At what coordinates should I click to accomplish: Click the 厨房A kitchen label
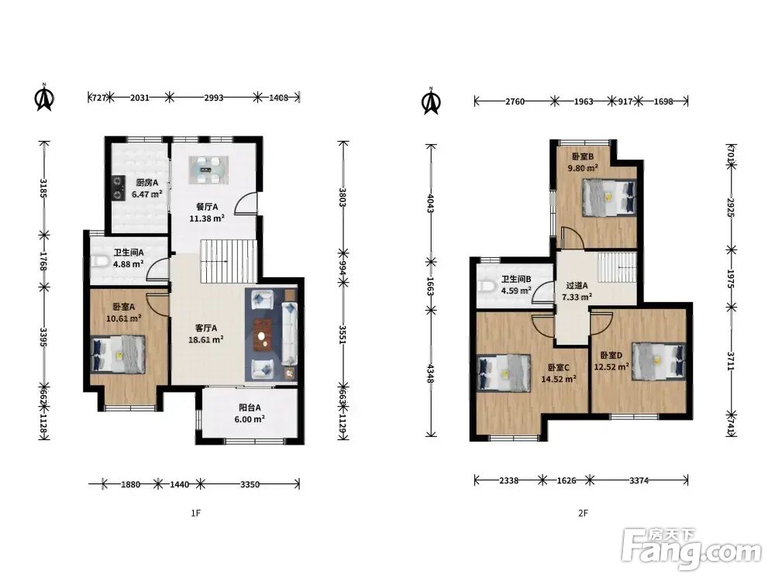[x=147, y=182]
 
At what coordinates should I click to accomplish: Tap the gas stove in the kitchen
[x=117, y=188]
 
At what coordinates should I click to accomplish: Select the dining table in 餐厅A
[x=208, y=170]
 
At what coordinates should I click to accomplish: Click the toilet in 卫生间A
[x=99, y=260]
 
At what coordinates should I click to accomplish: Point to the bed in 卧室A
[x=119, y=354]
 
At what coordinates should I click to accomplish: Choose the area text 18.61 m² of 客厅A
[x=205, y=339]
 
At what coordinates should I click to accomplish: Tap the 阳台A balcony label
[x=250, y=407]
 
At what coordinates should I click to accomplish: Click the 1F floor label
[x=196, y=514]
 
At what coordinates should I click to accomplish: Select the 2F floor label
[x=584, y=514]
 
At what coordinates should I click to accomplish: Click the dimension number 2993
[x=214, y=98]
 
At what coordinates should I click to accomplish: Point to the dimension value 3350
[x=250, y=484]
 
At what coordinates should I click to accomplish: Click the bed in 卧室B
[x=608, y=198]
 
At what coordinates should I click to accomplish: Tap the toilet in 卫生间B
[x=487, y=286]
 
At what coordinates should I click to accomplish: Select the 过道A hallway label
[x=577, y=286]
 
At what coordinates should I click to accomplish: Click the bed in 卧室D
[x=659, y=361]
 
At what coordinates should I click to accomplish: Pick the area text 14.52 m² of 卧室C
[x=559, y=380]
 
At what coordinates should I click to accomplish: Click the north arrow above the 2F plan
[x=431, y=101]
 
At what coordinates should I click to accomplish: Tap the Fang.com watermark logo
[x=691, y=549]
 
